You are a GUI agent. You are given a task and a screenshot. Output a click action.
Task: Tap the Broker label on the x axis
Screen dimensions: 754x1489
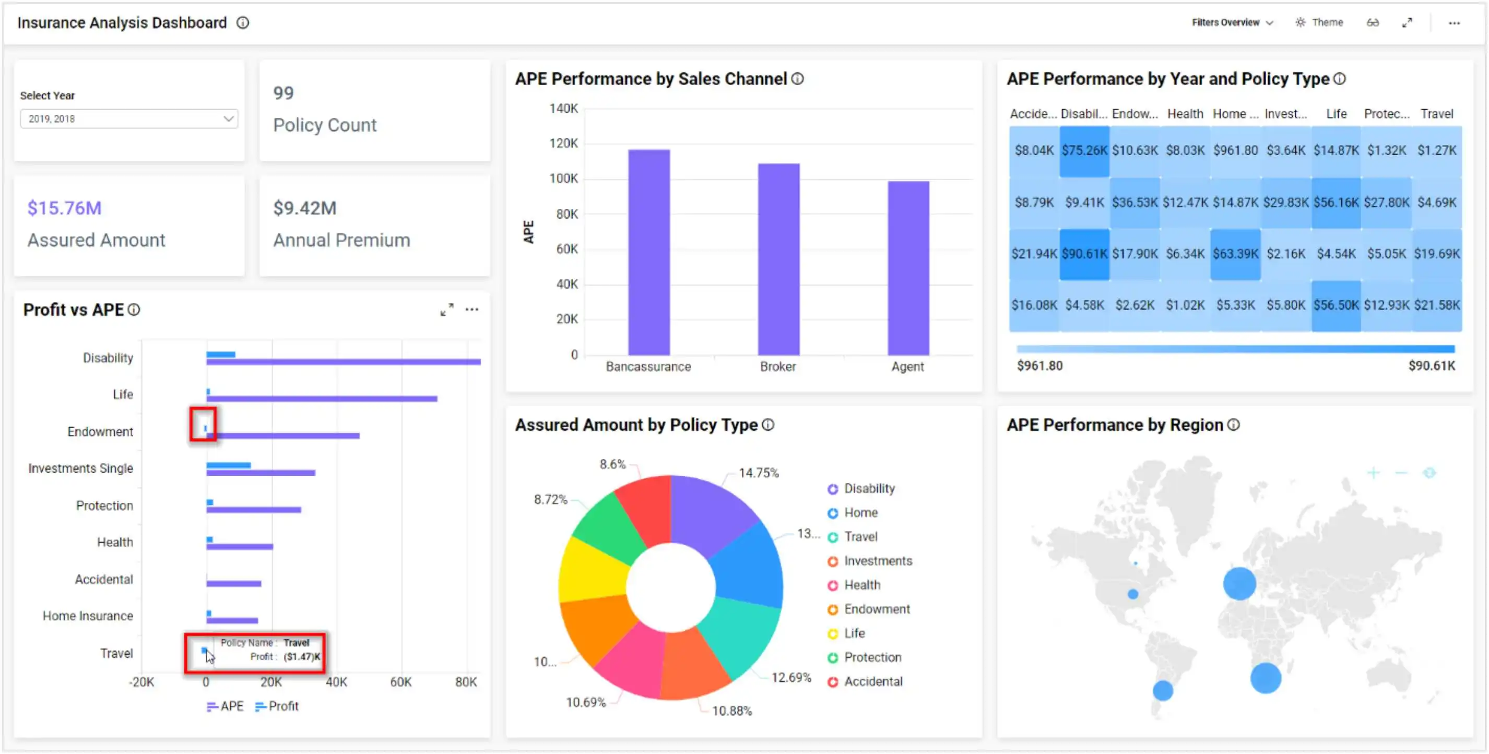pos(777,367)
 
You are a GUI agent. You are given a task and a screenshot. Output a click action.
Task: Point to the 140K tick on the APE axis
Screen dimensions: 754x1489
pos(563,108)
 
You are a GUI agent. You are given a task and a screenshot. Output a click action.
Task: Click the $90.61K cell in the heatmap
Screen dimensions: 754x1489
pos(1084,254)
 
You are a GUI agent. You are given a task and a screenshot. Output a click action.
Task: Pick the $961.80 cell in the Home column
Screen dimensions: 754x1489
pos(1235,150)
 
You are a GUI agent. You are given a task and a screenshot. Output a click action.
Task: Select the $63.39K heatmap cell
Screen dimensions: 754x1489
pos(1235,254)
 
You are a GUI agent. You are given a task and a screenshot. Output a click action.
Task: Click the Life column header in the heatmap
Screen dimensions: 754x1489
pos(1336,114)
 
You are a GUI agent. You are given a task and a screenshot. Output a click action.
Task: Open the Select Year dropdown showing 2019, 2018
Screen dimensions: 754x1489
pos(128,119)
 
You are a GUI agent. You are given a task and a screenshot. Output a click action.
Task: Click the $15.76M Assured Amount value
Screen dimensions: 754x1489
pos(64,208)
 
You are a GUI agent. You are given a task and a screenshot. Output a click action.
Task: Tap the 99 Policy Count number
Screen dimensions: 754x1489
pos(283,93)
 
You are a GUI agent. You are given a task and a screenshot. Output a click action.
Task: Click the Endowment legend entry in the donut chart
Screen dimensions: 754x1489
pos(876,609)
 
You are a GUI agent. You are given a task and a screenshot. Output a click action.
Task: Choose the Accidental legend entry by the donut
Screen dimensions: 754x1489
pos(872,681)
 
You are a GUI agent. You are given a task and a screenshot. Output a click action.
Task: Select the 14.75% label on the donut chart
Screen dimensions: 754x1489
pos(759,473)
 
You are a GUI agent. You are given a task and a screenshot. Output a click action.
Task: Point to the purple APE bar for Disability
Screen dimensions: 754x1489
pos(344,362)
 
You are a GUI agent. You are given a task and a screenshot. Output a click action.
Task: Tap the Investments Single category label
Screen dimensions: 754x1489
pos(80,468)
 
